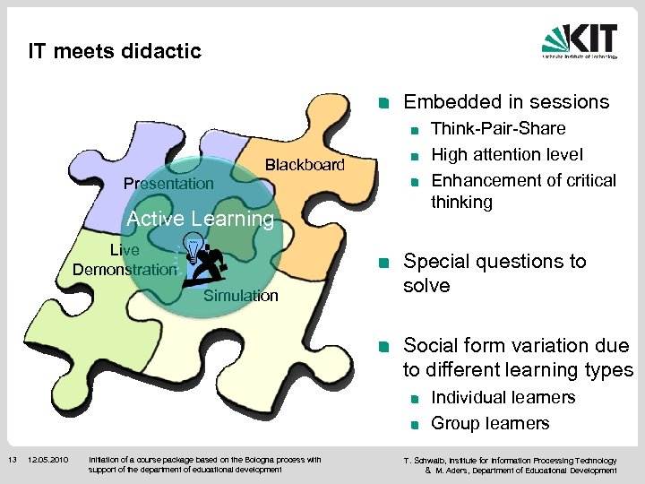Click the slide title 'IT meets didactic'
[115, 51]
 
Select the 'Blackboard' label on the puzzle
[304, 164]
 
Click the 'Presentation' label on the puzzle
[168, 184]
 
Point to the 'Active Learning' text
[201, 219]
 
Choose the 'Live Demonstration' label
[125, 260]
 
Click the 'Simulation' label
[241, 296]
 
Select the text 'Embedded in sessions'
[506, 102]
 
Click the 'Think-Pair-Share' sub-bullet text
[498, 129]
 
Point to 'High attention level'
[507, 155]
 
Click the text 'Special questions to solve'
[494, 273]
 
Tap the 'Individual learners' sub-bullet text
[503, 397]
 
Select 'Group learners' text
[490, 423]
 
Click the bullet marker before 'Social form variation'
[383, 347]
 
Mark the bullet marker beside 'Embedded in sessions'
[383, 103]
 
